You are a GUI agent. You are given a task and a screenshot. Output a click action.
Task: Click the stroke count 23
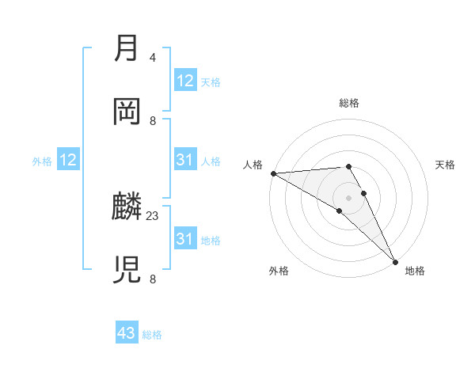click(153, 215)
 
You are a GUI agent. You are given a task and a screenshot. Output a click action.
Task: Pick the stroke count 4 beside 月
click(153, 58)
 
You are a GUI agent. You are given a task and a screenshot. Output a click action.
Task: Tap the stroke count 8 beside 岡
click(153, 120)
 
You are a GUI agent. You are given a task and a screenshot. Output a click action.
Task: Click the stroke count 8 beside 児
click(153, 278)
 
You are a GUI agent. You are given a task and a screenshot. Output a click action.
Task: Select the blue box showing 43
click(127, 333)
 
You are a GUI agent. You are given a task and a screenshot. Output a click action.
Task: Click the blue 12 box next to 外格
click(68, 161)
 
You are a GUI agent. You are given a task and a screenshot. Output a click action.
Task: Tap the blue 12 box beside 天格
click(184, 81)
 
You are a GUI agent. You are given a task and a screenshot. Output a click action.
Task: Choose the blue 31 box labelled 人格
click(184, 161)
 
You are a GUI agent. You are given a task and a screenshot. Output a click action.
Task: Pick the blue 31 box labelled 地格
click(184, 239)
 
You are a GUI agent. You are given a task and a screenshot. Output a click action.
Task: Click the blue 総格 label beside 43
click(152, 335)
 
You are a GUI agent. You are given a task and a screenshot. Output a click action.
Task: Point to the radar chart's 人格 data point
click(273, 173)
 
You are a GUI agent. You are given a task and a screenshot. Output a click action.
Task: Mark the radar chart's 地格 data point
click(395, 261)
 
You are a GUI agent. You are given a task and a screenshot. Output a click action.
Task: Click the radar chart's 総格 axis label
click(349, 103)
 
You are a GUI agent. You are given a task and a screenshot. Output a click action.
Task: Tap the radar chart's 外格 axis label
click(279, 271)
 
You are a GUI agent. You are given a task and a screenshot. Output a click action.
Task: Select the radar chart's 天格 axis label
click(446, 165)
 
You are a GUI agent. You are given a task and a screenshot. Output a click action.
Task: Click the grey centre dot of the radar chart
click(349, 197)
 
